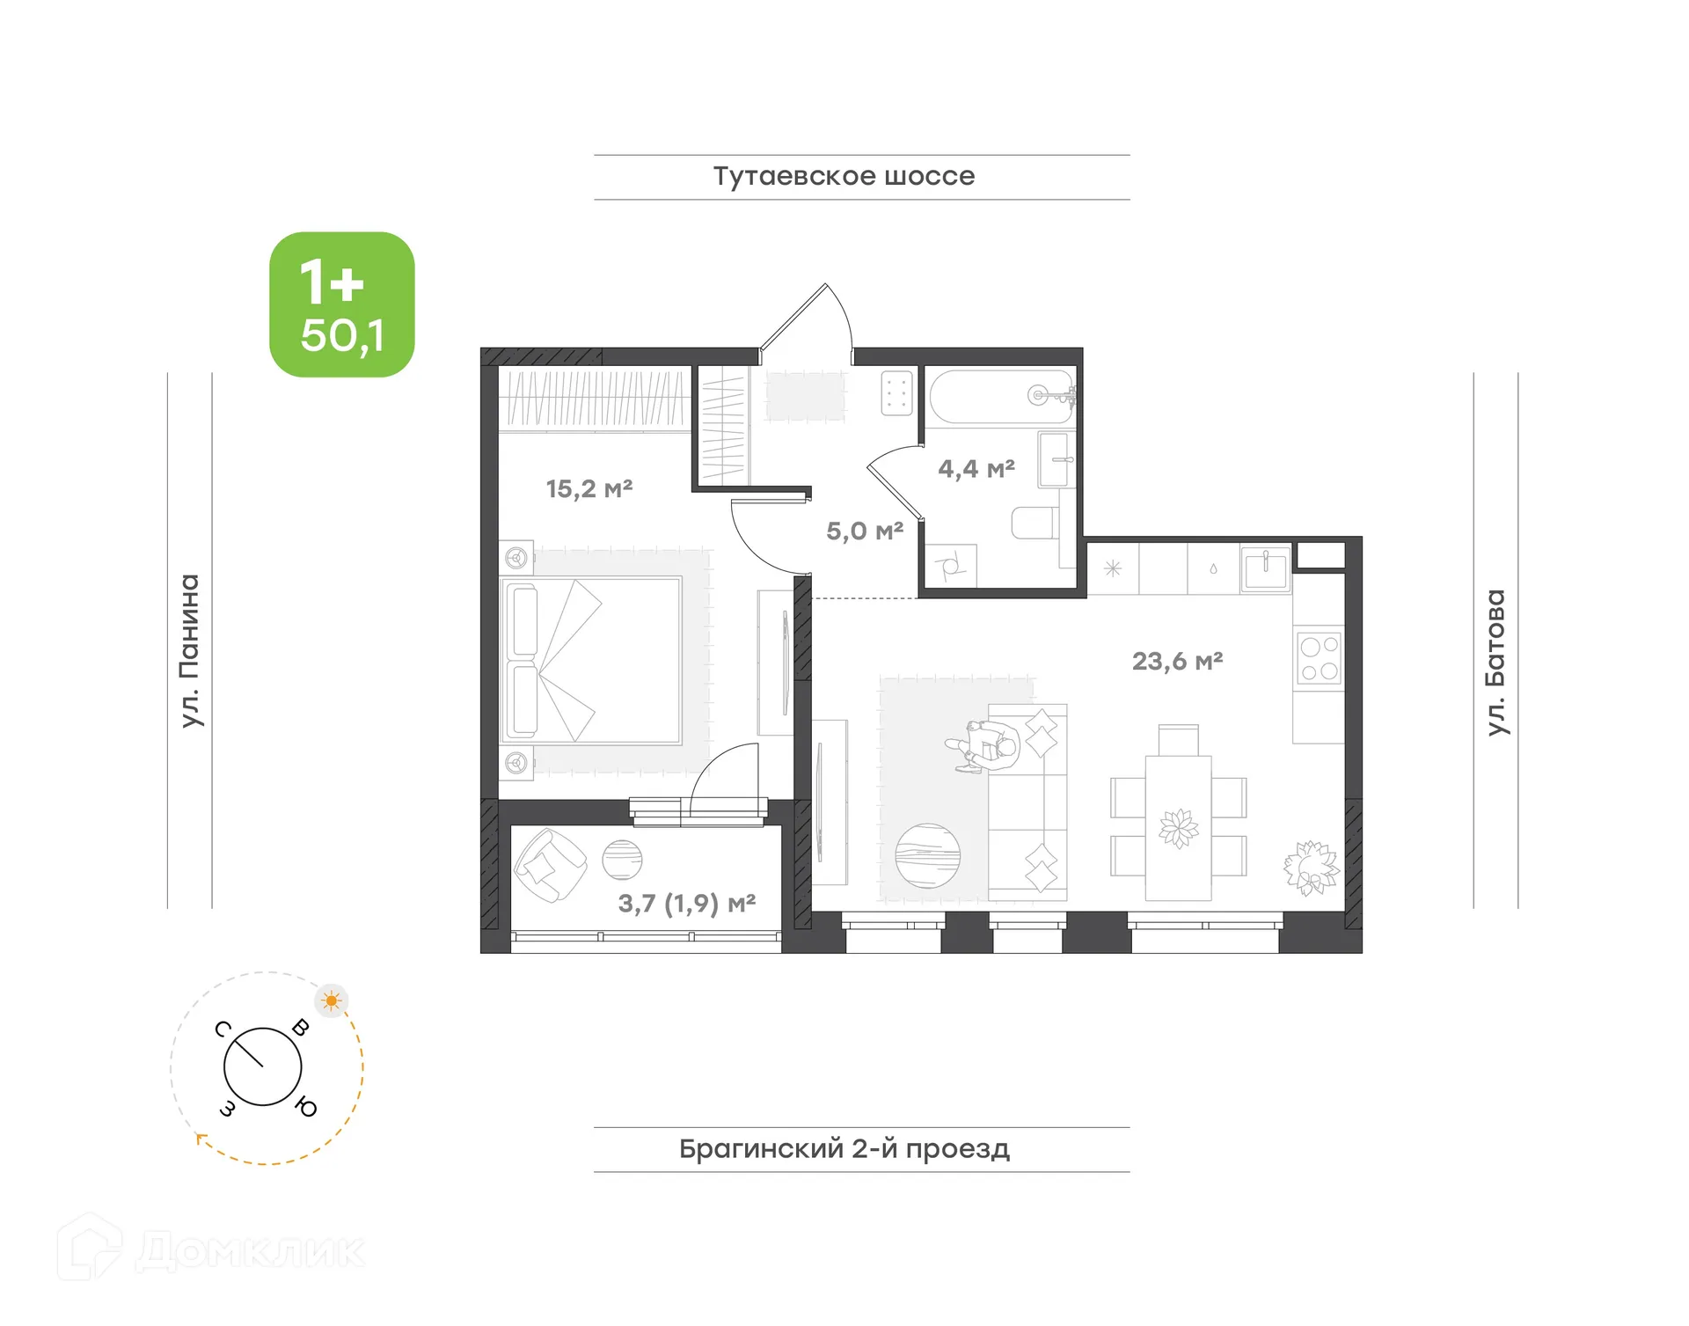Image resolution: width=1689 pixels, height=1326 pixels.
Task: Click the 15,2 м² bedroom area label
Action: coord(589,488)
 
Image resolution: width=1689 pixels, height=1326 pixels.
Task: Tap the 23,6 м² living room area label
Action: coord(1177,661)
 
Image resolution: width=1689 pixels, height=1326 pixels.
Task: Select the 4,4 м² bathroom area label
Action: coord(976,469)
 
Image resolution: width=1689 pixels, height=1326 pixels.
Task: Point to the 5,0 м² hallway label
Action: coord(864,531)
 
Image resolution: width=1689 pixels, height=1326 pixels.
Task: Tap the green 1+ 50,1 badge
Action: coord(342,304)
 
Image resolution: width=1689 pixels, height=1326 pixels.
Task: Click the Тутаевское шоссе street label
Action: coord(844,176)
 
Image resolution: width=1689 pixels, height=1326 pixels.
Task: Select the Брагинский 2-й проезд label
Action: coord(844,1148)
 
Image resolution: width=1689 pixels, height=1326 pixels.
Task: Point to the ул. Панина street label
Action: coord(190,651)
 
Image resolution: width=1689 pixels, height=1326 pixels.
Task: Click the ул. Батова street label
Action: coord(1495,662)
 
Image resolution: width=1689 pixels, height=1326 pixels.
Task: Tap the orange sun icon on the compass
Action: coord(332,1000)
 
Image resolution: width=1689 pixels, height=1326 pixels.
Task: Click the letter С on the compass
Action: coord(223,1029)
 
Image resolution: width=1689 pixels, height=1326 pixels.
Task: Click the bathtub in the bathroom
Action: coord(1001,396)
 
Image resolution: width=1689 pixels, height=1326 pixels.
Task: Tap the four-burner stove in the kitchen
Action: coord(1319,658)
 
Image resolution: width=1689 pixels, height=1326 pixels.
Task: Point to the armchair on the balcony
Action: coord(549,866)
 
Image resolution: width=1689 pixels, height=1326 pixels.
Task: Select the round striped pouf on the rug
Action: coord(927,855)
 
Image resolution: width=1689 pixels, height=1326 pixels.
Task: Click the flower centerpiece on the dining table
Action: coord(1178,828)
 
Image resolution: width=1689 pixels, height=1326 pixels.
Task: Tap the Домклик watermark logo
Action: coord(211,1249)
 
